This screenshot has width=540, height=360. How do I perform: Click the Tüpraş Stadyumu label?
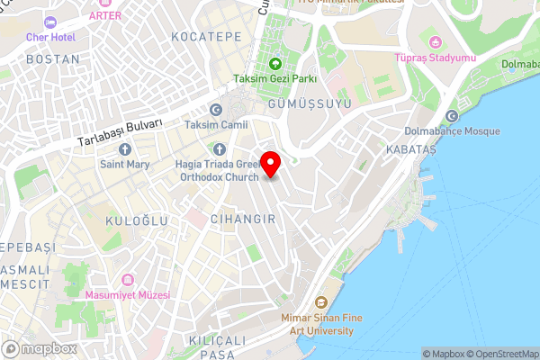[435, 58]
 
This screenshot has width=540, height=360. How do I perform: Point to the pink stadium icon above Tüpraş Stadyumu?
[435, 42]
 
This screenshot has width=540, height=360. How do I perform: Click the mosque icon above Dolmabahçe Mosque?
[452, 116]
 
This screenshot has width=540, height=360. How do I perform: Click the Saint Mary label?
[124, 164]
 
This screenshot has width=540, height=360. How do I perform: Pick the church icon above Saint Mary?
[124, 148]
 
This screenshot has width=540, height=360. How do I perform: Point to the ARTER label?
[105, 14]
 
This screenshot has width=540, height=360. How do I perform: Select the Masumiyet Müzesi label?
[127, 294]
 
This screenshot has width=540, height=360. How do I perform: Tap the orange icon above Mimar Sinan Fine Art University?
[320, 303]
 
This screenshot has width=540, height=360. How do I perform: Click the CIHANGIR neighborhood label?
[241, 219]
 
